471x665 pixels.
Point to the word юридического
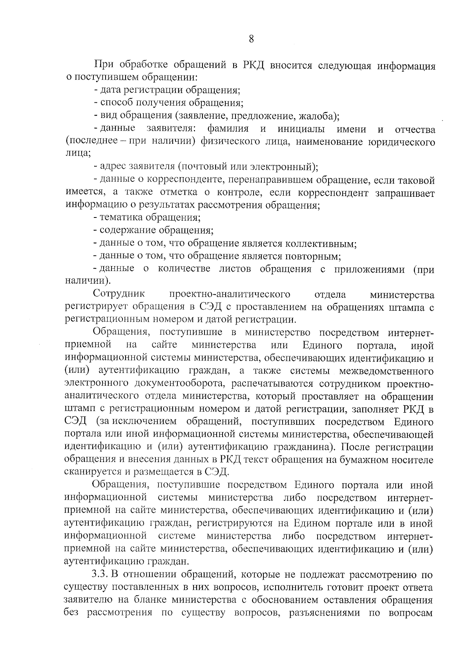(401, 142)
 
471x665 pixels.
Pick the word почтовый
(206, 167)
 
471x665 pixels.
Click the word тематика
(121, 217)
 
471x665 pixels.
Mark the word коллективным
(320, 244)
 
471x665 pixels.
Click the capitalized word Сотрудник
(119, 294)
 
